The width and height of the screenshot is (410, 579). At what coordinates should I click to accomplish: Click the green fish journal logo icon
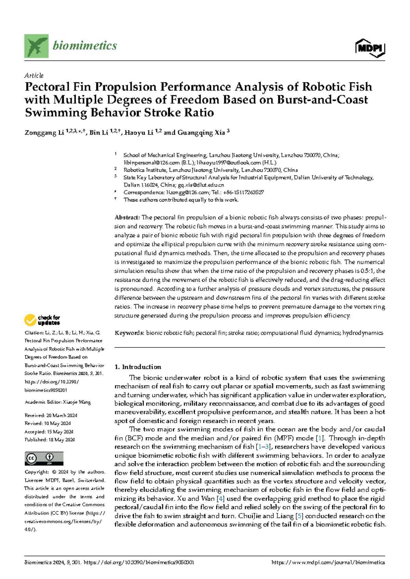(x=36, y=46)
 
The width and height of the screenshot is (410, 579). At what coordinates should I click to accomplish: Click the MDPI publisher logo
(x=370, y=48)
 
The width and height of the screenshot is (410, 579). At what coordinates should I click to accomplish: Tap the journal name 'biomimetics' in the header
(x=85, y=45)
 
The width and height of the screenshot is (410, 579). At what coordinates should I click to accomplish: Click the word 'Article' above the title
(x=34, y=75)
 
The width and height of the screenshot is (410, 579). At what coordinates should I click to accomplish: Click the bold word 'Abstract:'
(x=127, y=217)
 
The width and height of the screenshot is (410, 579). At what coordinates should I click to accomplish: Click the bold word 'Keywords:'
(x=129, y=333)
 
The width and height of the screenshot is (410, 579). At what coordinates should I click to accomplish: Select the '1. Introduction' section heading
(x=138, y=367)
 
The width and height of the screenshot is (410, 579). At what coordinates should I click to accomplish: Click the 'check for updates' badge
(x=42, y=320)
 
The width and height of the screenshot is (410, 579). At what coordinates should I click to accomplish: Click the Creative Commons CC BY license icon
(x=44, y=458)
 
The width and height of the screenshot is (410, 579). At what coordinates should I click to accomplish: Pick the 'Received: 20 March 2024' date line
(x=51, y=415)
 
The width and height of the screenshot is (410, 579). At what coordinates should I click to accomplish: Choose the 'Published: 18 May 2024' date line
(x=50, y=440)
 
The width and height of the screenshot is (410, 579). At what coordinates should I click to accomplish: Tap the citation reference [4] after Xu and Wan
(x=221, y=499)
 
